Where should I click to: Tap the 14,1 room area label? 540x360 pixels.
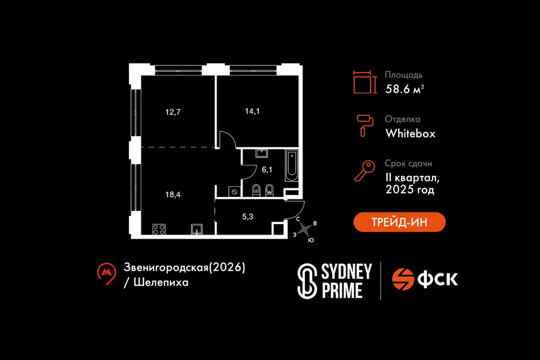pos(253,111)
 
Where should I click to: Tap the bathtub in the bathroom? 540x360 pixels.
pos(291,165)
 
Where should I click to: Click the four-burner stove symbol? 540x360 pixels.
pos(159,229)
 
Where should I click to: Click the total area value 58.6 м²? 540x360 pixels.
pos(404,88)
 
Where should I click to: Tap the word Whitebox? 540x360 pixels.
pos(410,133)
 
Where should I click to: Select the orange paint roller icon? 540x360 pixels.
pos(364,125)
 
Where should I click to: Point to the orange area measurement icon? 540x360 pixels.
pos(364,82)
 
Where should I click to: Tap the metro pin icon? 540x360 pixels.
pos(106,274)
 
